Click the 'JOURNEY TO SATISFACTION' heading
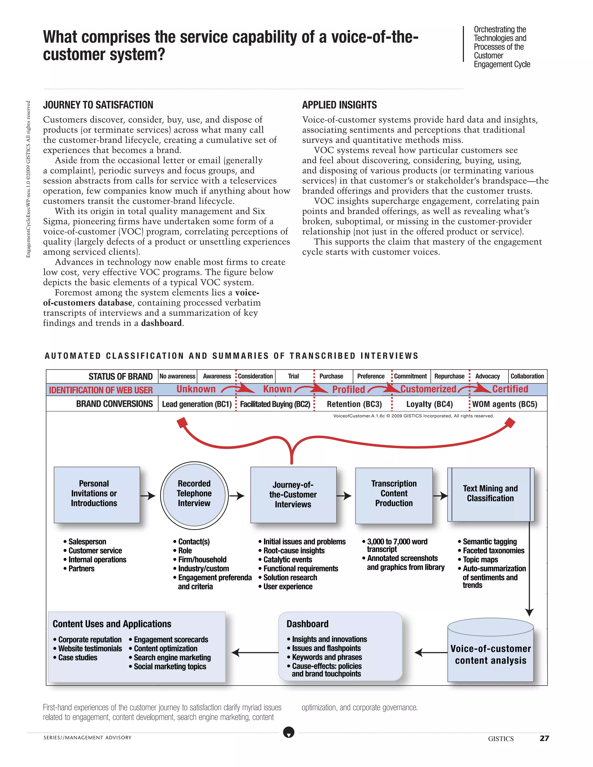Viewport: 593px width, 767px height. point(98,105)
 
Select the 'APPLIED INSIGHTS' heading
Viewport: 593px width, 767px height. point(339,105)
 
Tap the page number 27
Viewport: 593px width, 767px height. point(544,738)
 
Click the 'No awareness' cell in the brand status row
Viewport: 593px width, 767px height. point(177,376)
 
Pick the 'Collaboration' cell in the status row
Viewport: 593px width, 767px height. point(527,376)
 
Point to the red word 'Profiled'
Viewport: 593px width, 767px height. point(349,390)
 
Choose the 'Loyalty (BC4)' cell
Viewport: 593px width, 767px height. point(429,404)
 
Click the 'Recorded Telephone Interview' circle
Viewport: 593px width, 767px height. point(194,495)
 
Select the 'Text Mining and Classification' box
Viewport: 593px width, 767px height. point(490,494)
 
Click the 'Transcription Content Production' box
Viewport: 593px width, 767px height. point(394,495)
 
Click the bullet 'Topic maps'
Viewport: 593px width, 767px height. point(480,559)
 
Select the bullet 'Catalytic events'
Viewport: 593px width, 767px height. point(287,559)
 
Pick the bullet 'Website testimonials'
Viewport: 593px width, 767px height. point(90,649)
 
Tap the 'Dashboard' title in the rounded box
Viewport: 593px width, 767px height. point(308,624)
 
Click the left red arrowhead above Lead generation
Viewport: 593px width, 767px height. point(182,423)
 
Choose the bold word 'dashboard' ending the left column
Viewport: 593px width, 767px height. point(161,323)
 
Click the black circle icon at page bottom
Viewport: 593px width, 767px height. point(289,733)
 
